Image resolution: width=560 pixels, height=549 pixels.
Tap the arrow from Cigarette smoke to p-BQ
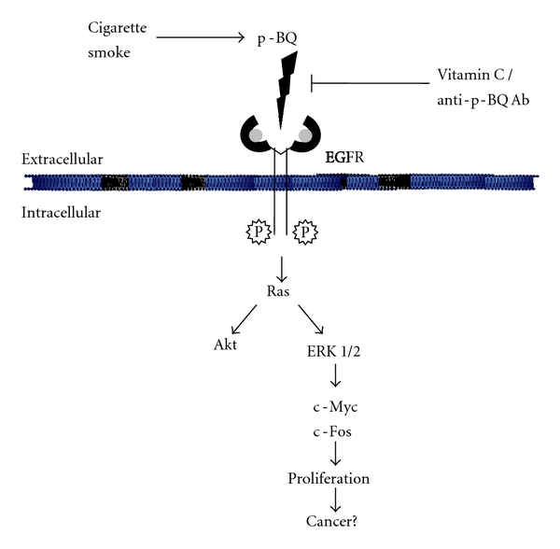[x=202, y=37]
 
